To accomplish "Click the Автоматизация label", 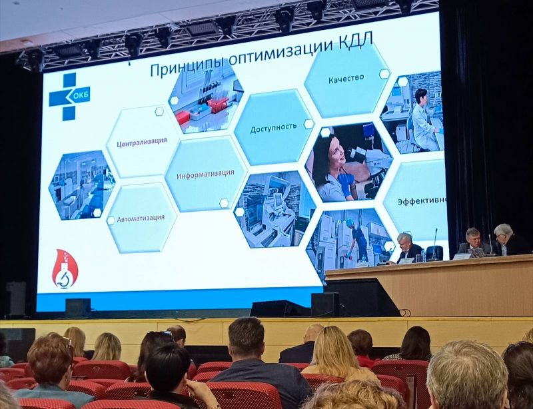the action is [141, 218].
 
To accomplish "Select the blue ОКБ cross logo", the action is [69, 97].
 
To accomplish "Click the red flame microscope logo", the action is [65, 269].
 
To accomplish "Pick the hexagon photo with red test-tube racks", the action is [206, 97].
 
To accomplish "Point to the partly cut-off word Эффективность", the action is [422, 201].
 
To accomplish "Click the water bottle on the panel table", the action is [423, 255].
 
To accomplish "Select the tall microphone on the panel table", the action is [435, 244].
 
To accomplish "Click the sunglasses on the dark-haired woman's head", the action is [160, 334].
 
